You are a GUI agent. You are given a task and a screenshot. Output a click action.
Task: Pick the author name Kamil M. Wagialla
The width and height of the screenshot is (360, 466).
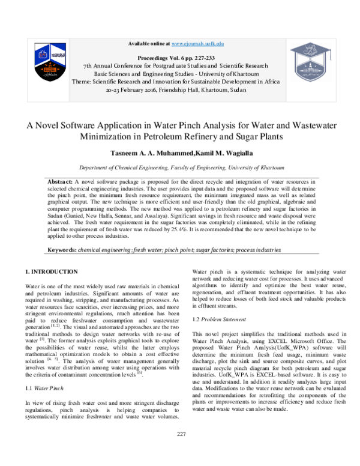(x=218, y=154)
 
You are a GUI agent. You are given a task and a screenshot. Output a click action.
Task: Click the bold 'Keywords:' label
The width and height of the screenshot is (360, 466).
(x=62, y=249)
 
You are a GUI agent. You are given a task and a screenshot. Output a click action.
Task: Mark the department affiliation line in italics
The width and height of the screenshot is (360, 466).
(x=180, y=169)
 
